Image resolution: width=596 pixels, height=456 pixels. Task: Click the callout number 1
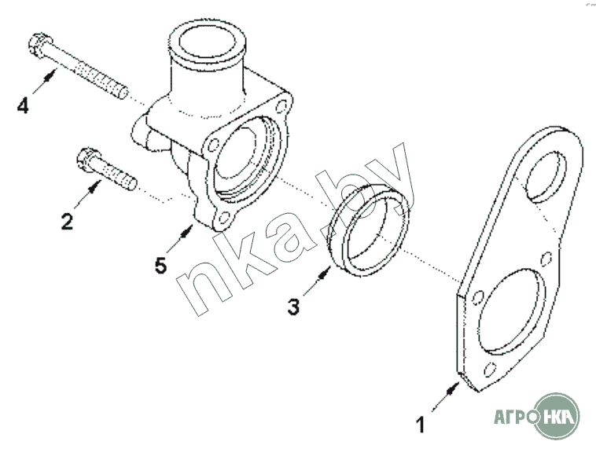(x=420, y=425)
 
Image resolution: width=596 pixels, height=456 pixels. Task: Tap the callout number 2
(x=67, y=222)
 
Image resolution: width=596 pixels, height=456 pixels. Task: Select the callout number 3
(x=293, y=307)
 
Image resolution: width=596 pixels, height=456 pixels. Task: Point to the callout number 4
(x=23, y=105)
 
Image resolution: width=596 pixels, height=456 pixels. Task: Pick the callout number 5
(x=160, y=265)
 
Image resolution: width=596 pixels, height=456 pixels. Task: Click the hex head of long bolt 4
(x=40, y=46)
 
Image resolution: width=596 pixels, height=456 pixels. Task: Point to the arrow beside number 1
(x=446, y=398)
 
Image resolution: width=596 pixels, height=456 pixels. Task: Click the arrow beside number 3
(x=317, y=281)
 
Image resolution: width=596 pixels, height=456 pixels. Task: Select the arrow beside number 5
(x=179, y=238)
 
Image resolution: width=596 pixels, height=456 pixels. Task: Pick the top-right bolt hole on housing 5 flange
(x=282, y=106)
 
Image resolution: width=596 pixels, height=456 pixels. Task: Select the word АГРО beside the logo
(x=516, y=417)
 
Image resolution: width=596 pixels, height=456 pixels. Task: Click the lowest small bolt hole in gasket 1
(x=490, y=370)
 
